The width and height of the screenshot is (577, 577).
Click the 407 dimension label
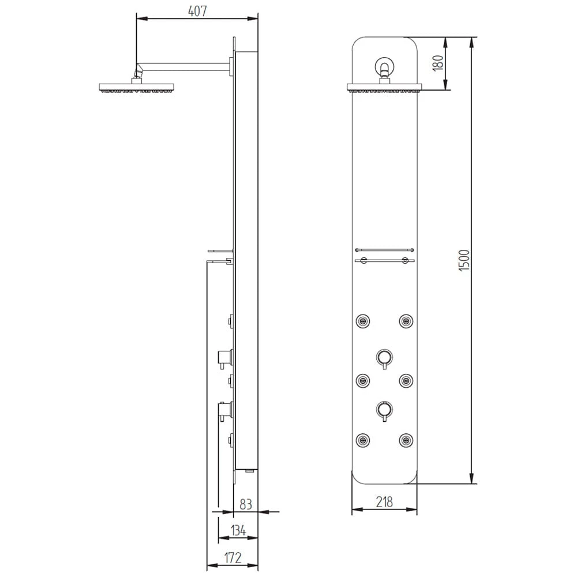pyautogui.click(x=197, y=10)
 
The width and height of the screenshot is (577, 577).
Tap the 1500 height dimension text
pyautogui.click(x=465, y=261)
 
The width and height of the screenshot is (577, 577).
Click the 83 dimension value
pyautogui.click(x=246, y=504)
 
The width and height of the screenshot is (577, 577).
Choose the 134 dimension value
pyautogui.click(x=238, y=530)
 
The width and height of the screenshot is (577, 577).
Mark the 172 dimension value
pyautogui.click(x=232, y=557)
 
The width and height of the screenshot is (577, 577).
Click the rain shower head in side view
pyautogui.click(x=136, y=88)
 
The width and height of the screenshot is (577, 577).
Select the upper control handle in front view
pyautogui.click(x=384, y=356)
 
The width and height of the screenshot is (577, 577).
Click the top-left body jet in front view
pyautogui.click(x=363, y=320)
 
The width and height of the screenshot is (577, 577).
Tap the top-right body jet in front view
pyautogui.click(x=406, y=320)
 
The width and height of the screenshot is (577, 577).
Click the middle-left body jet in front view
pyautogui.click(x=363, y=379)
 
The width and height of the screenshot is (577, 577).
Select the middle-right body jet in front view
pyautogui.click(x=406, y=379)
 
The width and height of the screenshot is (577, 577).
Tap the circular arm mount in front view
pyautogui.click(x=384, y=66)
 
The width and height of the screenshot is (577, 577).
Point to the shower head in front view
pyautogui.click(x=384, y=88)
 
